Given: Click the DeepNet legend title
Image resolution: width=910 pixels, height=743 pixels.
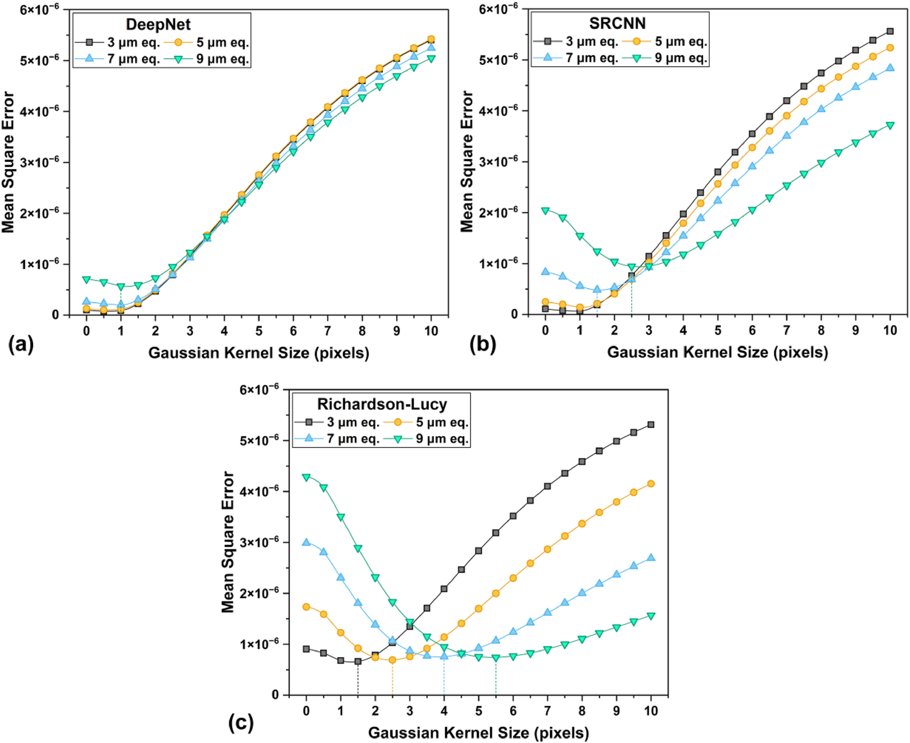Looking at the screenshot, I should (x=158, y=25).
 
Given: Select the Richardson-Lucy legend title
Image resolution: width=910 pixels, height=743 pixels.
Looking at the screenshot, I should (x=382, y=404).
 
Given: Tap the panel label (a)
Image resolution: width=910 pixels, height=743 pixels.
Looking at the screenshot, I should (x=21, y=345).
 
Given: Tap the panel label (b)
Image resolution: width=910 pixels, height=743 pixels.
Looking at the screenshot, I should (x=482, y=345).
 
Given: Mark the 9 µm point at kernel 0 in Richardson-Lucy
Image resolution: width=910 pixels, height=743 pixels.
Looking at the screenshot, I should (x=306, y=477).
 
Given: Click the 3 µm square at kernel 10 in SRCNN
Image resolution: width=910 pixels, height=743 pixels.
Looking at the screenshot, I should (x=890, y=31).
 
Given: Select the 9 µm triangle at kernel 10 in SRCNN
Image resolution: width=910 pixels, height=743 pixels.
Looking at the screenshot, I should (x=890, y=125).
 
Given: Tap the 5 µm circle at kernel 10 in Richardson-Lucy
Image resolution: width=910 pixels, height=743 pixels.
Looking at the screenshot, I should (x=651, y=483).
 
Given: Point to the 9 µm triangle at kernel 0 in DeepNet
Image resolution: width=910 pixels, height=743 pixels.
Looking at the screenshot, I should (x=87, y=280).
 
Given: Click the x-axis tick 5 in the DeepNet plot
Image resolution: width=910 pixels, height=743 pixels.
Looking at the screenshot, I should (x=259, y=331).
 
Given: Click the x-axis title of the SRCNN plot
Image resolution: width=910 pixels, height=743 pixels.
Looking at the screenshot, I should (x=717, y=352).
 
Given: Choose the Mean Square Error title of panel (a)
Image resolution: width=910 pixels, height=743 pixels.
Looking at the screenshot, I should (x=8, y=162).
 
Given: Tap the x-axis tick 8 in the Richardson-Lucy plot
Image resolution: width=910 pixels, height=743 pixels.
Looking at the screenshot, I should (x=582, y=711).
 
